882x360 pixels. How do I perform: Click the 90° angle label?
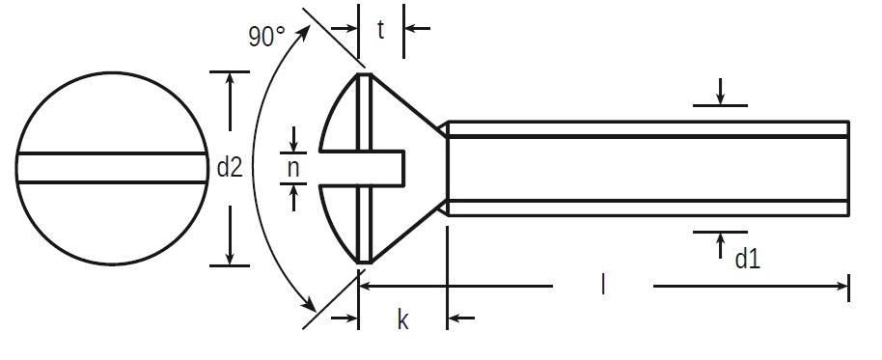click(x=266, y=37)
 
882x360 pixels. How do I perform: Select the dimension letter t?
click(x=381, y=30)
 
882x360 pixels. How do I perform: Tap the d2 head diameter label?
click(x=230, y=168)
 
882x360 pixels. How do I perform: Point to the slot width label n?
click(x=293, y=168)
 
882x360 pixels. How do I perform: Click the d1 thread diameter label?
click(x=748, y=259)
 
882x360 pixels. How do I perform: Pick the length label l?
click(x=603, y=285)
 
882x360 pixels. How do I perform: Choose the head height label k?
click(x=402, y=319)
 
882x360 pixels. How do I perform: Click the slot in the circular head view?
click(x=112, y=168)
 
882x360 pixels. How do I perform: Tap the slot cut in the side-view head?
click(x=362, y=168)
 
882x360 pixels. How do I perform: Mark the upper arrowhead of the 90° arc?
click(x=303, y=33)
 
